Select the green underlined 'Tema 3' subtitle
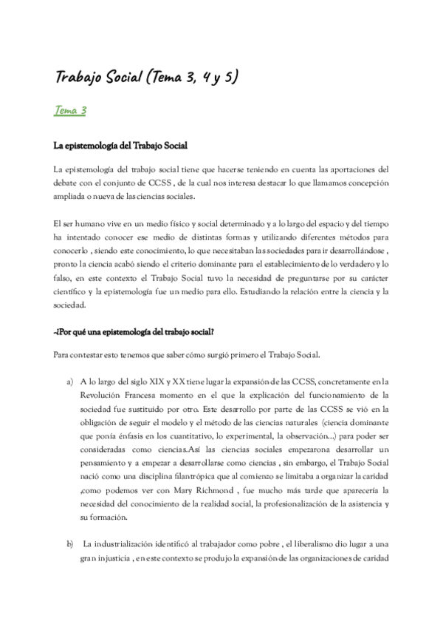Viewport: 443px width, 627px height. tap(71, 111)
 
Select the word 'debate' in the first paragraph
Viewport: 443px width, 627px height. tap(66, 182)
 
